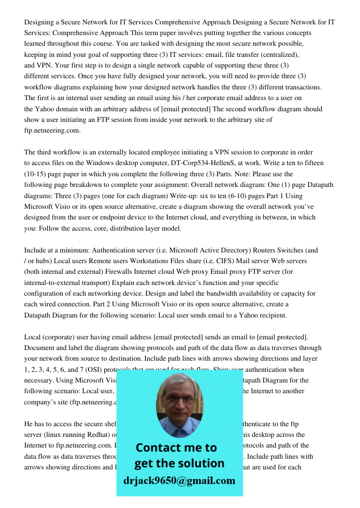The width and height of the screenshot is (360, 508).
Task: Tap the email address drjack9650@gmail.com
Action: (x=179, y=480)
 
